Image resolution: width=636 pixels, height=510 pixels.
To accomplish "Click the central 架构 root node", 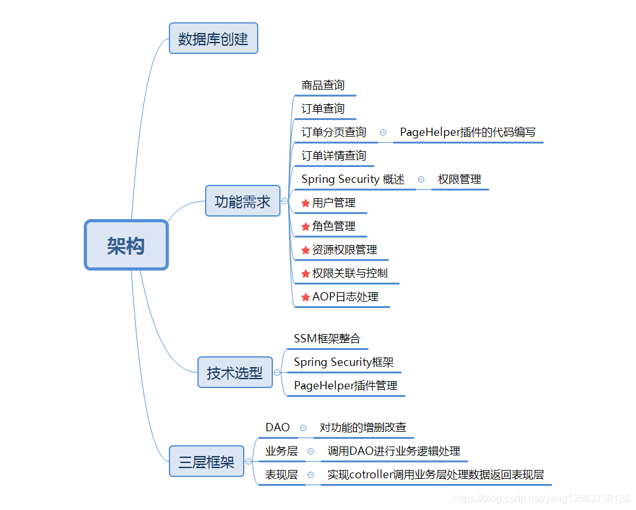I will click(x=126, y=245).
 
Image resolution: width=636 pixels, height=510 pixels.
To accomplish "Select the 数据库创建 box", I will click(x=213, y=39).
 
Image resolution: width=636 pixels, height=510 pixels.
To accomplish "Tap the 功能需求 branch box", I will click(x=242, y=201).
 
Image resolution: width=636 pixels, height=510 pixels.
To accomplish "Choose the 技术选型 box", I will click(x=235, y=373).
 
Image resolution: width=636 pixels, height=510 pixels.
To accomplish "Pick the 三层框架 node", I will click(x=206, y=462).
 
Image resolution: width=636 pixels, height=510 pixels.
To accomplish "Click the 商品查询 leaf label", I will click(x=323, y=85).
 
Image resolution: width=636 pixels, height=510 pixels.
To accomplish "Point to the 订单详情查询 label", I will click(x=334, y=156).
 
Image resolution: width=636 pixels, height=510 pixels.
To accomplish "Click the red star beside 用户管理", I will click(x=305, y=203).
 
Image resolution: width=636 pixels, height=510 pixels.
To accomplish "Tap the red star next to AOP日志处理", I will click(x=305, y=297).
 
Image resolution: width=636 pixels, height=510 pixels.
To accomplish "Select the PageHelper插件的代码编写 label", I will click(x=468, y=132).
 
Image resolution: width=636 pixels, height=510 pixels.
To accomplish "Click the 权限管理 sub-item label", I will click(x=460, y=179).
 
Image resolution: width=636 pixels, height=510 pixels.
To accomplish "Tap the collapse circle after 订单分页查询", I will click(x=383, y=132).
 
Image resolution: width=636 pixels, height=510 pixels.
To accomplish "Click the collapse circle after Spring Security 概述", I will click(x=421, y=180).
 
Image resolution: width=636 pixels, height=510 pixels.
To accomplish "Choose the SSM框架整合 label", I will click(x=327, y=339).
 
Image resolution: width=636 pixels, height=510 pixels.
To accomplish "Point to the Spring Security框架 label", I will click(x=343, y=362).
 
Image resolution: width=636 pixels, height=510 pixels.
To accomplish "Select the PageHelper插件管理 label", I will click(x=345, y=386).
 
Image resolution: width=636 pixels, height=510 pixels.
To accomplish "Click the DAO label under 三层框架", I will click(x=277, y=427).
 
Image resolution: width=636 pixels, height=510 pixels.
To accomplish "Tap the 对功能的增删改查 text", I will click(x=363, y=427).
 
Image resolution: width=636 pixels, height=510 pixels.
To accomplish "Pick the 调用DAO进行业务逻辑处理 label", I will click(x=394, y=451).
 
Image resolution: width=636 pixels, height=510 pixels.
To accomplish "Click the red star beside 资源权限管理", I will click(x=305, y=250).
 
